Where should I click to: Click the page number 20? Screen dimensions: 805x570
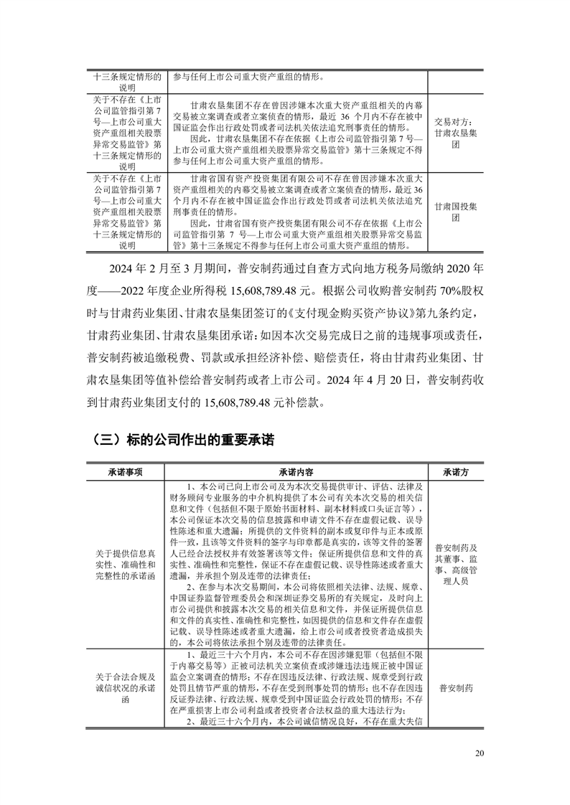coord(480,753)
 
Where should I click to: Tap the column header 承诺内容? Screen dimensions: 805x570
coord(296,473)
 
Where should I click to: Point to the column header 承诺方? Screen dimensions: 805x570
coord(456,473)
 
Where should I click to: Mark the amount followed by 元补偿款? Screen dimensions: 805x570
coord(305,400)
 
